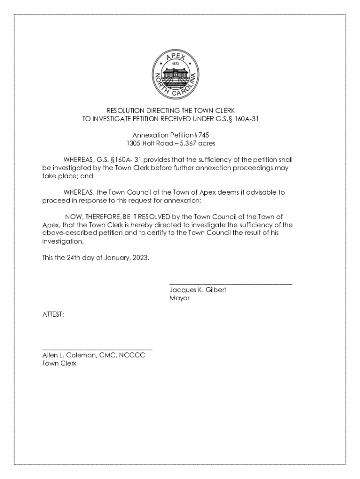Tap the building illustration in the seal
(176, 73)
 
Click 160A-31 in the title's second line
(248, 119)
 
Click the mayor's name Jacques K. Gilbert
(198, 290)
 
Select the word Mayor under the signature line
(180, 298)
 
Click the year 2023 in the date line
(140, 258)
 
